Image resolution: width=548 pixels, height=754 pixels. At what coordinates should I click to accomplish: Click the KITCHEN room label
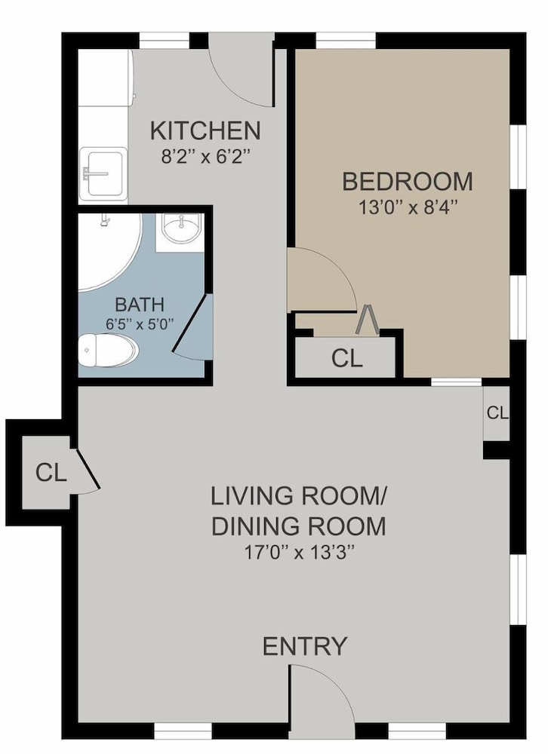pos(205,130)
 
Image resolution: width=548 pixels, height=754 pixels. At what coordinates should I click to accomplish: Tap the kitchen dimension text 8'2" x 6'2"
pos(206,156)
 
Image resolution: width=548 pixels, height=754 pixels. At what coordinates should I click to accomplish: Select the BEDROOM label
pos(408,181)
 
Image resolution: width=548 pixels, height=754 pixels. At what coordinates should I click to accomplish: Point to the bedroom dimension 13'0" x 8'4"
pos(408,207)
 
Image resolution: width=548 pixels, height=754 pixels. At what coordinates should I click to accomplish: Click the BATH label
pos(140,305)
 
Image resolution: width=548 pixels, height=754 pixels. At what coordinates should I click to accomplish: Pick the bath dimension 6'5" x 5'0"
pos(140,324)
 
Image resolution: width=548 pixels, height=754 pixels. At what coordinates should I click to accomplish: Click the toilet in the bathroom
pos(109,351)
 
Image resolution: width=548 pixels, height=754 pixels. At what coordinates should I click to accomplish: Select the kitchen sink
pos(103,173)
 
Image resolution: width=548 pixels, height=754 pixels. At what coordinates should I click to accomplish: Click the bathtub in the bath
pos(109,253)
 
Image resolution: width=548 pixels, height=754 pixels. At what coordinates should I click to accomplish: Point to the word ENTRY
pos(305,646)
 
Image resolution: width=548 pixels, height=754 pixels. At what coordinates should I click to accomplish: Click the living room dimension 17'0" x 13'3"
pos(300,552)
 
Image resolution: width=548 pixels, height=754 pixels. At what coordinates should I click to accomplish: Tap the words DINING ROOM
pos(299,526)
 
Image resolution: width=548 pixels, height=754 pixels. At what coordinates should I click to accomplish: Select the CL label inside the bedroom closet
pos(346,357)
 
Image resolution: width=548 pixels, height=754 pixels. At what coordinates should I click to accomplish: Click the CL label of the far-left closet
pos(51,474)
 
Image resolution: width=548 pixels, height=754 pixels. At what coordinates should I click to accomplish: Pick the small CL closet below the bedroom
pos(497,413)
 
